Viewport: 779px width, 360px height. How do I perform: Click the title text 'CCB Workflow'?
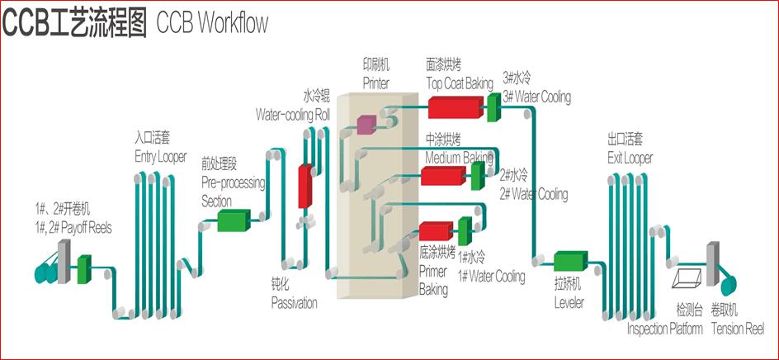213,23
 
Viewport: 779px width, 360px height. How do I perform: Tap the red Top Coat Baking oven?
455,107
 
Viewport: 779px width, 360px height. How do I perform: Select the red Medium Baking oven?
444,176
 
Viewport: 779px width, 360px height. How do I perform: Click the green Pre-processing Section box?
234,220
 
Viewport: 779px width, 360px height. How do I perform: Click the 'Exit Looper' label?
630,158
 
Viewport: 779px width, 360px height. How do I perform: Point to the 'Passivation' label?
294,303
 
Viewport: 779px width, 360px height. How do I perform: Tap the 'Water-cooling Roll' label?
292,114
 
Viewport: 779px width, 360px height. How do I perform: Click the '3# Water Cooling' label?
536,97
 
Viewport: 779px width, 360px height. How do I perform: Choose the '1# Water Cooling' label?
491,277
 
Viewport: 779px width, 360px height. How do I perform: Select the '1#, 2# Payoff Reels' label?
73,228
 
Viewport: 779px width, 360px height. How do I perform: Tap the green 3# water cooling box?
492,103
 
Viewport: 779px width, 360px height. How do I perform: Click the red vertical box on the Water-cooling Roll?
304,186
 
